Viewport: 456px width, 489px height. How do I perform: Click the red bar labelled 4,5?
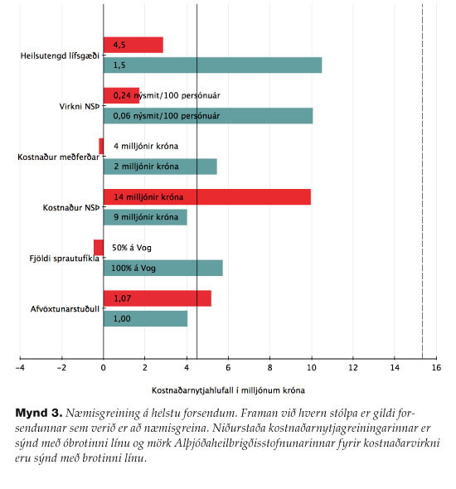pos(133,45)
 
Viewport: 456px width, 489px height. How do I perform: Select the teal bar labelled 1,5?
pos(212,65)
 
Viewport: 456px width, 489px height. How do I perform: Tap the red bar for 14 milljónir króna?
pos(207,197)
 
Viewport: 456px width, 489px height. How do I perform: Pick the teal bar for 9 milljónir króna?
pos(145,217)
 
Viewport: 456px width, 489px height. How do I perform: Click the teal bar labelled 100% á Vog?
pos(163,268)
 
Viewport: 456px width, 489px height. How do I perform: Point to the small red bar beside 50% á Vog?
pos(99,248)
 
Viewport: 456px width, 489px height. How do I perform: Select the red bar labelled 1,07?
pos(158,298)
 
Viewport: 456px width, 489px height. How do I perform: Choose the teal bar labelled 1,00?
pos(145,319)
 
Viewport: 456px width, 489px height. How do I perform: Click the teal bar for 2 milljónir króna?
pos(160,167)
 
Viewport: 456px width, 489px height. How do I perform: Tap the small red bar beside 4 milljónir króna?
pos(101,146)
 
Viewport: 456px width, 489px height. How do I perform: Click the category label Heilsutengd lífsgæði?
pos(60,56)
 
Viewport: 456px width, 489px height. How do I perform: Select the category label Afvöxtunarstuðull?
pos(65,309)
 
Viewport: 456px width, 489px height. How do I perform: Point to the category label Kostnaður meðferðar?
pos(58,157)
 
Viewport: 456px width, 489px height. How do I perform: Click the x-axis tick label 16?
pos(436,368)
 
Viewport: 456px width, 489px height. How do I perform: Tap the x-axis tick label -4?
pos(20,368)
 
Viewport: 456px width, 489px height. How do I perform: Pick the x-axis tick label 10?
pos(311,368)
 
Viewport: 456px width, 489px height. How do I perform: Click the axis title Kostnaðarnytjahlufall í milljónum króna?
pos(228,390)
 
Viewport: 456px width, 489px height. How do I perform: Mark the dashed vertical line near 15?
pos(422,182)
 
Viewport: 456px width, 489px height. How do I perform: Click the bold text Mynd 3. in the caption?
pos(39,413)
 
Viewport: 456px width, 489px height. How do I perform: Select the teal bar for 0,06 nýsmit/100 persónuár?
pos(208,116)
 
